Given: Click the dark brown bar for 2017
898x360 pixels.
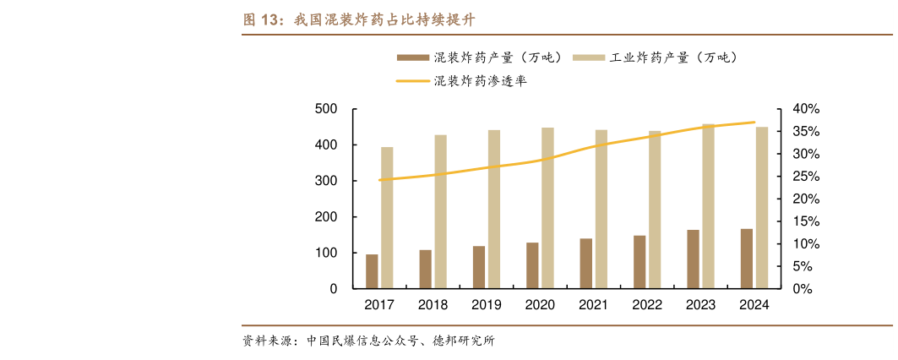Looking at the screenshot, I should [x=372, y=271].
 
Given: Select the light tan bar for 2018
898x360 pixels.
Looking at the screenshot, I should [x=441, y=211].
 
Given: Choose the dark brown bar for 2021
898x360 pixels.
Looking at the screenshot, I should [x=586, y=264].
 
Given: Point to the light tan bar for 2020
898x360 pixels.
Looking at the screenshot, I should [x=547, y=208].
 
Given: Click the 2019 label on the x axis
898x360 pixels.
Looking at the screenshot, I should [x=487, y=305].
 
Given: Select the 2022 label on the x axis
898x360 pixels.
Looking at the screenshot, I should [x=647, y=305].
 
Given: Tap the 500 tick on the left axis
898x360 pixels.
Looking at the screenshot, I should [x=326, y=109].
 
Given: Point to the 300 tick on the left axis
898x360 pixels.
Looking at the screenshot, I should [x=326, y=181].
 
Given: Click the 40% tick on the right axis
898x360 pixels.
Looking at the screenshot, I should [x=806, y=109].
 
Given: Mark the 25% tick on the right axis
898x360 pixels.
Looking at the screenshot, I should [x=806, y=177].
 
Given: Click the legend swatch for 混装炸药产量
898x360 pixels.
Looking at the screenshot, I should [x=412, y=57].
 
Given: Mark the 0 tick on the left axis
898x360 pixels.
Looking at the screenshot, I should [x=334, y=289].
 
